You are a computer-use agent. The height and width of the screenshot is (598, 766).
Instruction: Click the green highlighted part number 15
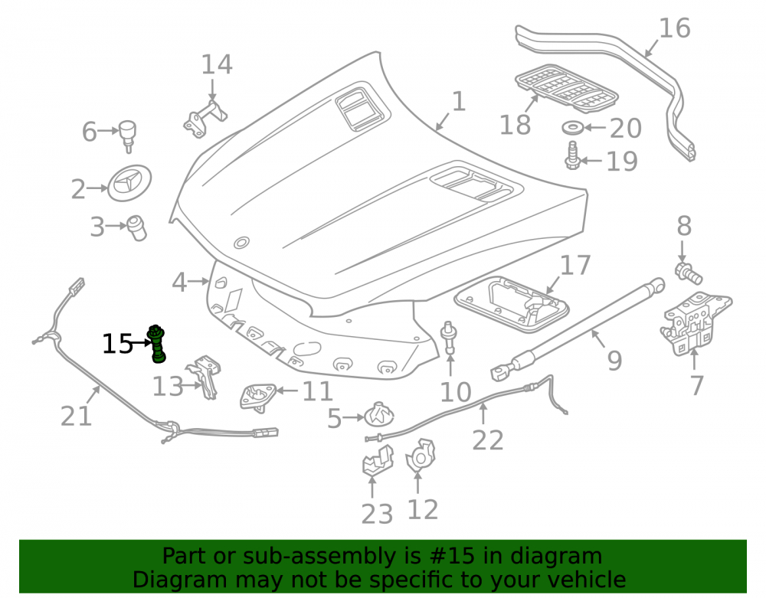157,344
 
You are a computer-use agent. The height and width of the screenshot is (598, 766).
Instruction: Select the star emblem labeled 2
129,183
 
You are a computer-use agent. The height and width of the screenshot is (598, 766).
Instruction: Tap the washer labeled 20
571,129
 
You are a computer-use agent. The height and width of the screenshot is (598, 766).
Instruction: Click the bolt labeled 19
572,155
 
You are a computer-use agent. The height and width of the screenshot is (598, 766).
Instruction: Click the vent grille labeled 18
567,87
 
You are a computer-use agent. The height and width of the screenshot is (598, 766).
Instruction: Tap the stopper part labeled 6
127,136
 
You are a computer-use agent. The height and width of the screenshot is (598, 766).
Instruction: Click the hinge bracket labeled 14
205,119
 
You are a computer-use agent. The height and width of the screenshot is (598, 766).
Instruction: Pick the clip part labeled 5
379,416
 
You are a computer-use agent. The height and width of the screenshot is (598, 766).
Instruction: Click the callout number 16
675,28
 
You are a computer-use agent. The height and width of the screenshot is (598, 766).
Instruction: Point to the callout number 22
487,441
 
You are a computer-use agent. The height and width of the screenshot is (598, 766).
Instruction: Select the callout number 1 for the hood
459,102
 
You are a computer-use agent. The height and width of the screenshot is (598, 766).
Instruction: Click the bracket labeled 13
205,377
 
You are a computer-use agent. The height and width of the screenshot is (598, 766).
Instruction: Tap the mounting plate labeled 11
257,397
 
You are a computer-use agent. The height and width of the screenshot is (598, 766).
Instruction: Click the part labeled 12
421,456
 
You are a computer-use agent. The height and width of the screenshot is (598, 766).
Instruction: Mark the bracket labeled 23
377,460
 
